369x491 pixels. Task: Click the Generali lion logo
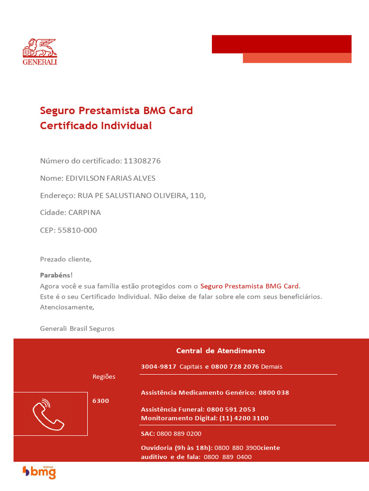point(40,51)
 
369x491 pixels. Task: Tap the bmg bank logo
point(39,472)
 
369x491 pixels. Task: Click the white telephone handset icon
point(48,414)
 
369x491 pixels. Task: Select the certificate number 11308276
point(142,161)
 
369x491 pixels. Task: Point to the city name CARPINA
point(85,212)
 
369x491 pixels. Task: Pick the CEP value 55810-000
point(77,230)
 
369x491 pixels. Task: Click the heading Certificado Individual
point(96,126)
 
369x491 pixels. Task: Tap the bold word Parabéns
point(55,275)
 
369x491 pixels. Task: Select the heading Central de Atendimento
point(221,351)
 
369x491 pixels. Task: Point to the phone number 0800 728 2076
point(235,366)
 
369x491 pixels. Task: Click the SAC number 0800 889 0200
point(179,433)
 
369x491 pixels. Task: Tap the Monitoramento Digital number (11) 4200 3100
point(244,418)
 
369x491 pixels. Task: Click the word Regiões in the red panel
point(104,376)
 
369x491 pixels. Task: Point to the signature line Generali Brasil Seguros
point(77,328)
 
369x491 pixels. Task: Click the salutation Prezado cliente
point(65,259)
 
